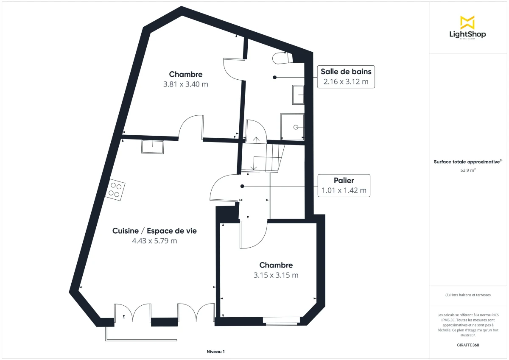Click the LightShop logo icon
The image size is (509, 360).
click(467, 22)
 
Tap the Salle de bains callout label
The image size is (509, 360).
click(346, 72)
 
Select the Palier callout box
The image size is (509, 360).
click(344, 185)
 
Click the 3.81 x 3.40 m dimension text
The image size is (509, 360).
click(185, 84)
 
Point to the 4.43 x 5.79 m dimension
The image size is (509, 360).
click(154, 241)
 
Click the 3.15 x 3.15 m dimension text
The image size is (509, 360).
click(276, 275)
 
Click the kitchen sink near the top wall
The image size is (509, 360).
click(153, 147)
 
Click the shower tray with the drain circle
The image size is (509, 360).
click(292, 126)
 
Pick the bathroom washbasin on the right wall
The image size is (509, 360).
click(298, 94)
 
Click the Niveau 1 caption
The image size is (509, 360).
click(215, 352)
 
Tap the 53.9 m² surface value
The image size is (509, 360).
click(468, 170)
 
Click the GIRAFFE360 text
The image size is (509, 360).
click(468, 345)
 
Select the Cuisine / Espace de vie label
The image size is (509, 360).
click(154, 231)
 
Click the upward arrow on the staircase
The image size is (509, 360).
click(256, 139)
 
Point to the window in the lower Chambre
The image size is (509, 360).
click(282, 321)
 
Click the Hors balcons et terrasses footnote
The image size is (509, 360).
click(468, 295)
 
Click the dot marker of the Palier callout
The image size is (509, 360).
click(242, 186)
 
